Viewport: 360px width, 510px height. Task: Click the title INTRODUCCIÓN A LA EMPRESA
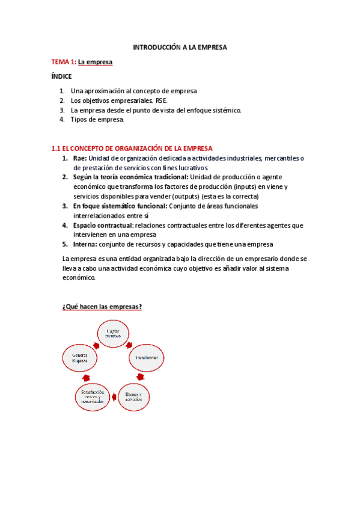[x=180, y=46]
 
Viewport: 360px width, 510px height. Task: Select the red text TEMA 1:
[x=63, y=62]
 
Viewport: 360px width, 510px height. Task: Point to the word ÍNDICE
[x=61, y=77]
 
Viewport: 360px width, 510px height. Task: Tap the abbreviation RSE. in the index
[x=162, y=100]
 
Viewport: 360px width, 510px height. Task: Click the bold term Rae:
[x=79, y=158]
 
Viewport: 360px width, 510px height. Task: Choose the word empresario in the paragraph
[x=259, y=259]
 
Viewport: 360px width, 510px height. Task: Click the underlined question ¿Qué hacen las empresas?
[x=102, y=307]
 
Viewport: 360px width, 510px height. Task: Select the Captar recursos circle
[x=114, y=334]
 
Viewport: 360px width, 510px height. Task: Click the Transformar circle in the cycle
[x=146, y=358]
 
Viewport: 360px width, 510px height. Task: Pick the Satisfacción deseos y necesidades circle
[x=93, y=396]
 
